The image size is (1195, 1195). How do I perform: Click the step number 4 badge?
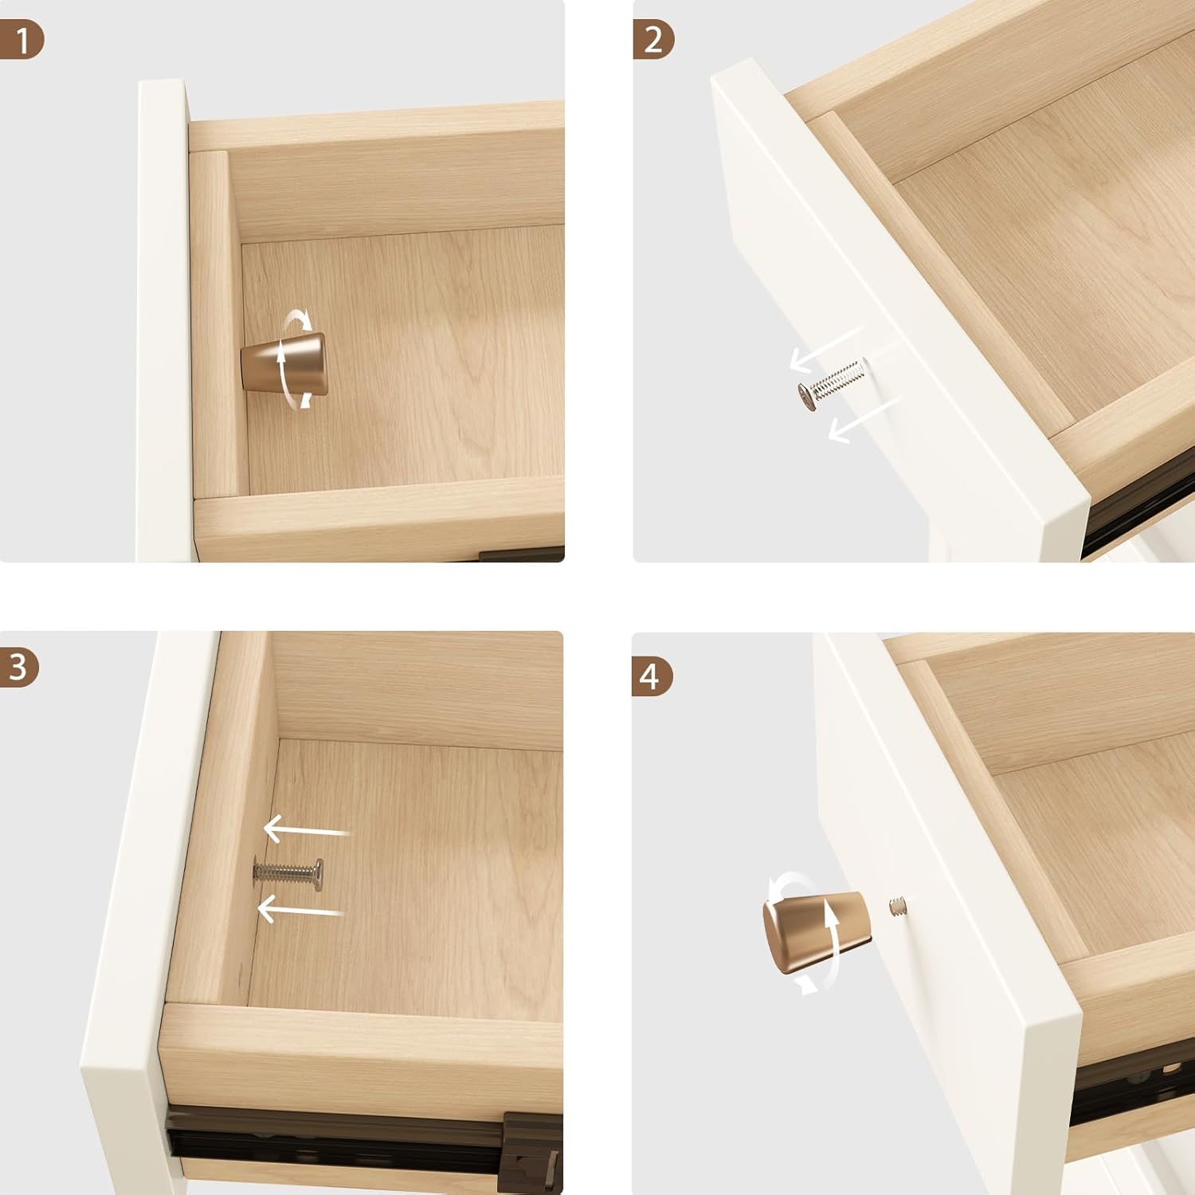pyautogui.click(x=652, y=676)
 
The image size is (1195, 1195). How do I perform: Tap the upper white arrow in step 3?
pyautogui.click(x=307, y=830)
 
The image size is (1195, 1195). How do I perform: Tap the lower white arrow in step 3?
pyautogui.click(x=300, y=908)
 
